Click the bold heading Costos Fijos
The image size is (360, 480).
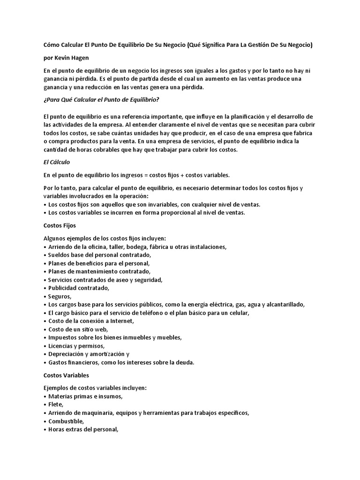coord(59,225)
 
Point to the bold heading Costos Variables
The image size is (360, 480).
coord(66,375)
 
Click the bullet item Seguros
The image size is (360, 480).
coord(60,296)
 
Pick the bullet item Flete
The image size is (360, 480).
coord(55,405)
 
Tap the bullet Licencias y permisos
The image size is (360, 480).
coord(76,345)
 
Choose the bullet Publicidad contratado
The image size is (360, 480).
coord(78,288)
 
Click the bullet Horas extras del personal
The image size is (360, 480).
coord(82,430)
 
